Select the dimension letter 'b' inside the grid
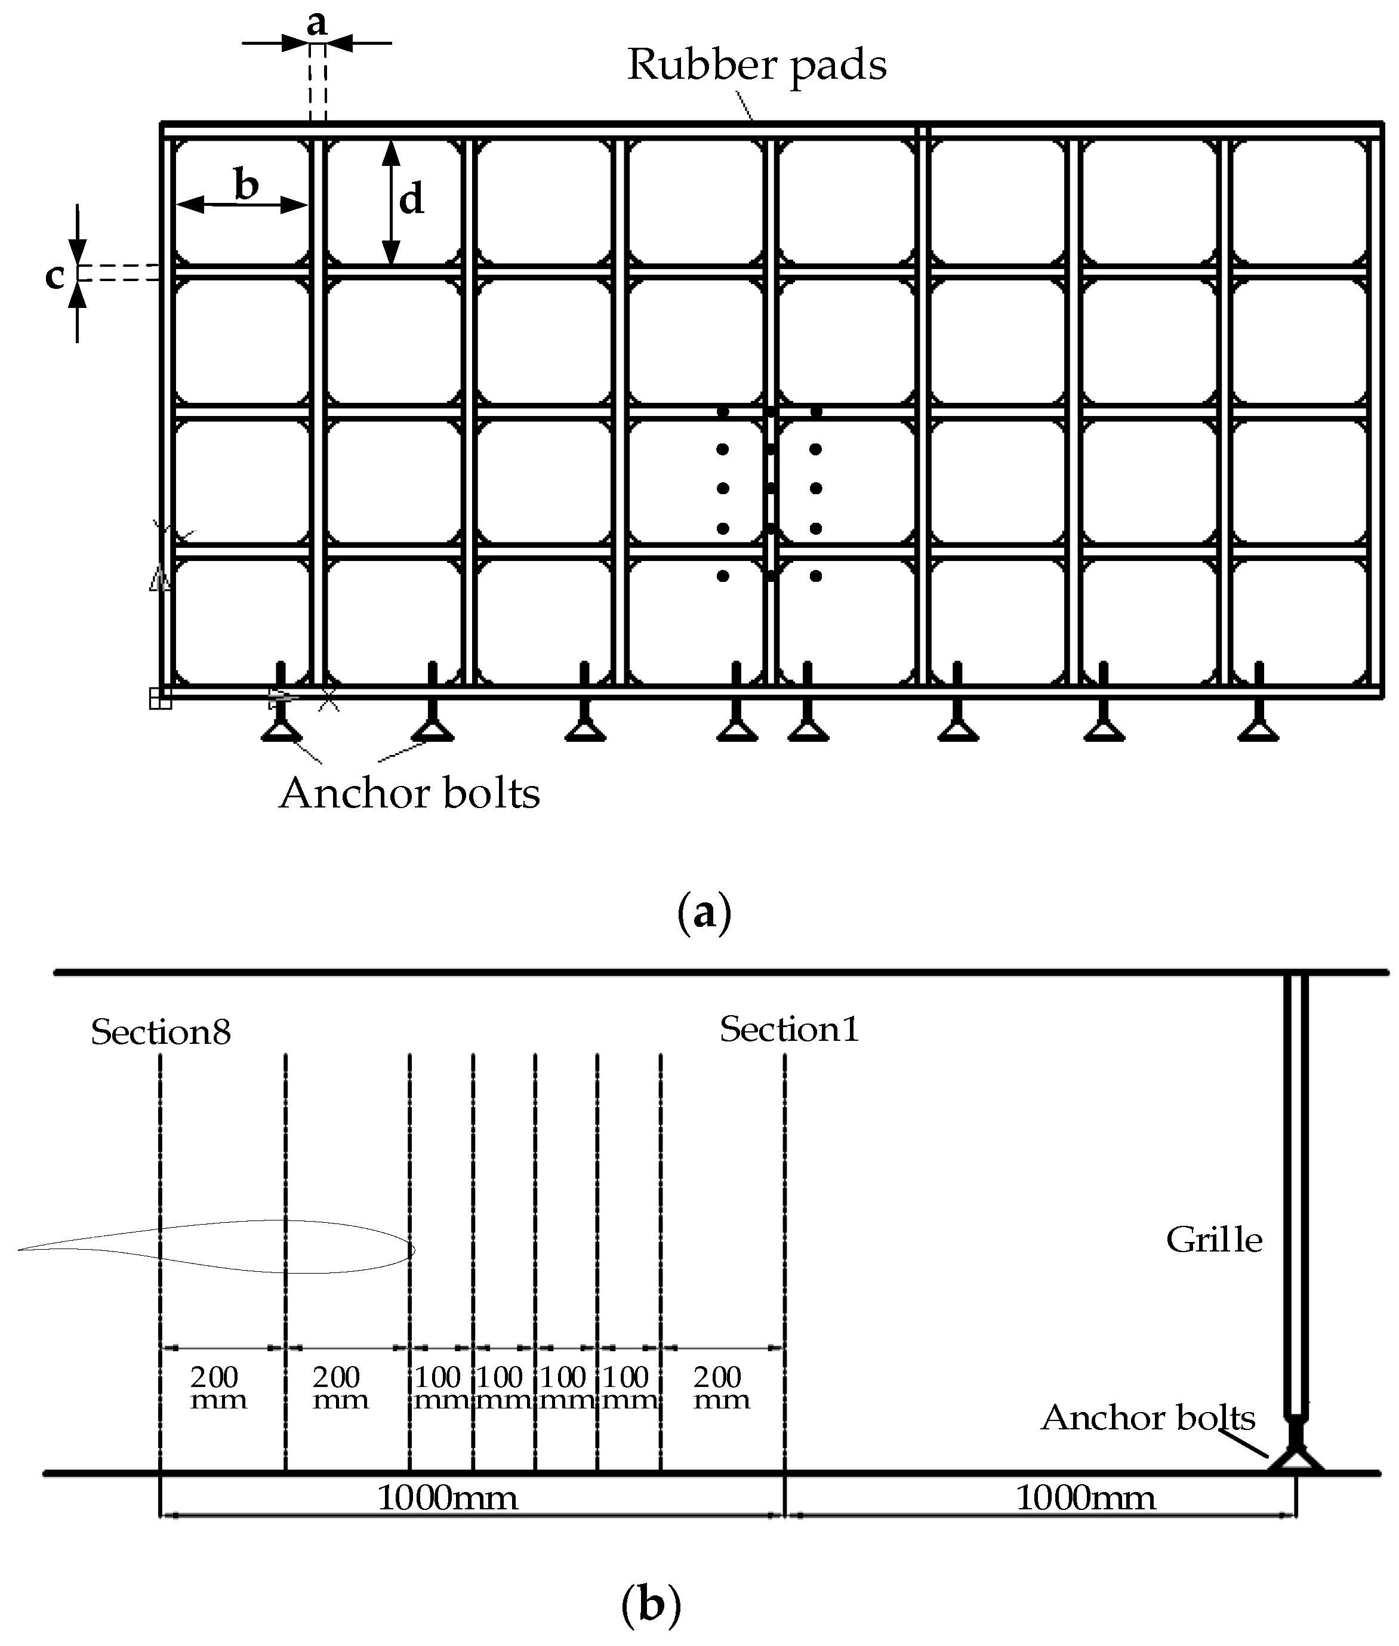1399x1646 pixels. [246, 186]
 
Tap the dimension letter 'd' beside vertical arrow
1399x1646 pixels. [411, 199]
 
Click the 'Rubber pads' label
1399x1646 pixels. [757, 65]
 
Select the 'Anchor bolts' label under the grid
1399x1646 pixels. [409, 793]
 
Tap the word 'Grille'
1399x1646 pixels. [1213, 1239]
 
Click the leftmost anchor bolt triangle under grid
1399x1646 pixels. [282, 731]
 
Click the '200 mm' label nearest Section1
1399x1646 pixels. [721, 1387]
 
